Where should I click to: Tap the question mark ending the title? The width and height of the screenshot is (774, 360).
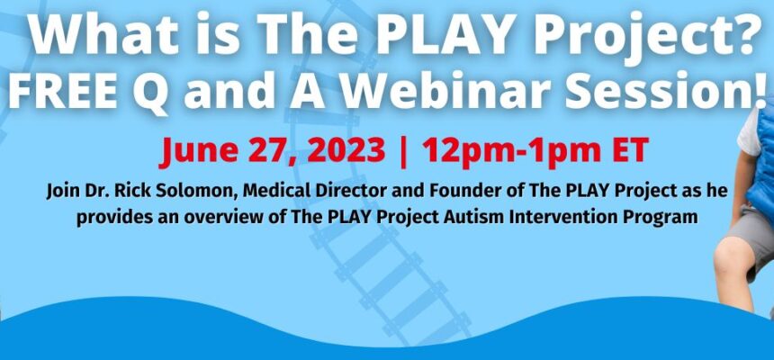744,34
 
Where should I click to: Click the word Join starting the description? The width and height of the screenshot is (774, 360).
62,192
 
